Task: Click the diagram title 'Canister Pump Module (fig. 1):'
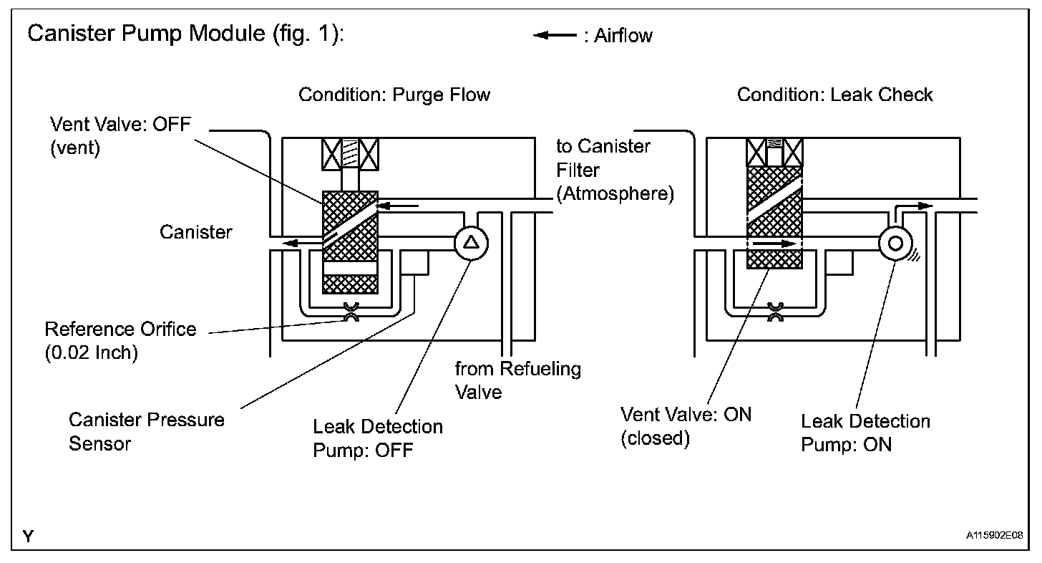(185, 34)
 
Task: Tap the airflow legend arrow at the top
(555, 35)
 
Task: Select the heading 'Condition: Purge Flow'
(394, 95)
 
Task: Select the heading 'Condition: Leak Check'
(834, 95)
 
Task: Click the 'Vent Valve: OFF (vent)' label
(120, 136)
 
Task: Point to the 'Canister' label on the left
(196, 232)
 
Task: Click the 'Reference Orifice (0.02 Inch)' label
(120, 341)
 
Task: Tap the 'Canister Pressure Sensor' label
(147, 432)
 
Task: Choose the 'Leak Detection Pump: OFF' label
(378, 438)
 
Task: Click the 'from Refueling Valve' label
(517, 380)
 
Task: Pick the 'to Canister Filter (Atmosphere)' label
(615, 170)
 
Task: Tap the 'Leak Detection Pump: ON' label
(865, 433)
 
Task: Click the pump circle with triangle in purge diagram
(471, 243)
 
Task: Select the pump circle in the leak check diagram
(895, 243)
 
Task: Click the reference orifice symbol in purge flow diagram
(351, 312)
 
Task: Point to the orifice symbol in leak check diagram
(775, 312)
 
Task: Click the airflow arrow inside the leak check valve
(775, 244)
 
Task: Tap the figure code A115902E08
(995, 536)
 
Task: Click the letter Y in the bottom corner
(29, 536)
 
